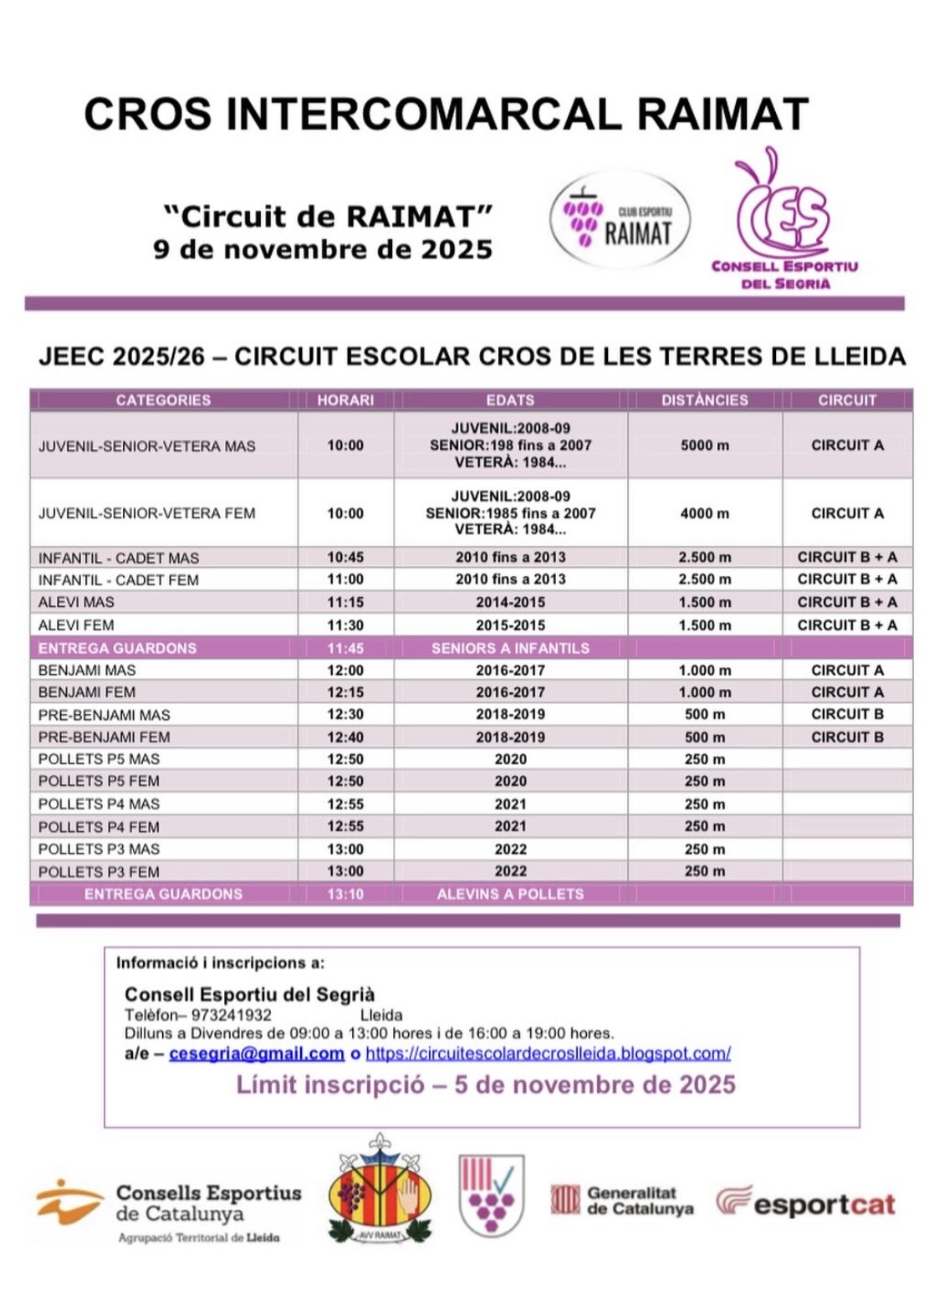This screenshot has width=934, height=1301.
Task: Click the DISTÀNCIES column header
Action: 704,400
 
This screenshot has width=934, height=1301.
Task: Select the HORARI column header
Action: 345,400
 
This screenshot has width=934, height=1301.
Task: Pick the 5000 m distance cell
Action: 704,446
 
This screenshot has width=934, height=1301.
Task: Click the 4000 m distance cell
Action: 704,513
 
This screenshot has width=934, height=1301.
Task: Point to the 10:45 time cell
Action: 345,557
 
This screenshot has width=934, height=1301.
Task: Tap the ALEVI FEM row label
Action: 76,625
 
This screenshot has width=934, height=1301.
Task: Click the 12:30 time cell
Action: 345,714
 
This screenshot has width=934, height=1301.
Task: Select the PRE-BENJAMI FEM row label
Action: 104,737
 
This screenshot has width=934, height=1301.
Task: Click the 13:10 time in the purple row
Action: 345,894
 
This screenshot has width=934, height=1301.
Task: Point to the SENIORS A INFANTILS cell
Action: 510,648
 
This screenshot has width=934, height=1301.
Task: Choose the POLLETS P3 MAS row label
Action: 99,849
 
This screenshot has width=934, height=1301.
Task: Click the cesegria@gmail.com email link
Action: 257,1054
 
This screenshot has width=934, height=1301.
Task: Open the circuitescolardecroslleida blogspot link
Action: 548,1054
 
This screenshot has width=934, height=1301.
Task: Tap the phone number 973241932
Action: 231,1015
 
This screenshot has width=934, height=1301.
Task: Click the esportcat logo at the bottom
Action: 805,1202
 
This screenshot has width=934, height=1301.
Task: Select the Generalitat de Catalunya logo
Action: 622,1201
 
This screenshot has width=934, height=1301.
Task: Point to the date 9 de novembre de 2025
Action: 323,249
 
